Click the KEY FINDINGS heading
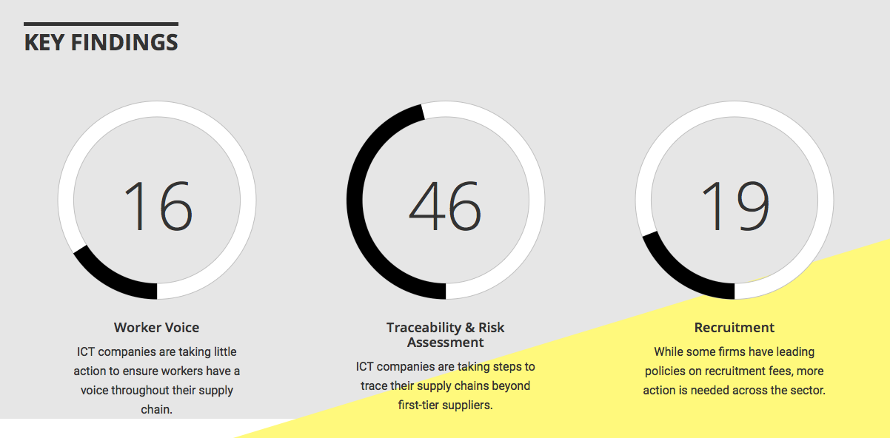pyautogui.click(x=101, y=42)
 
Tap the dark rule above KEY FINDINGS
pyautogui.click(x=101, y=24)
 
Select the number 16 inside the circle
pyautogui.click(x=158, y=205)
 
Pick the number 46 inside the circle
pyautogui.click(x=445, y=205)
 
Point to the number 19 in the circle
pyautogui.click(x=736, y=205)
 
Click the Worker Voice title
pyautogui.click(x=156, y=328)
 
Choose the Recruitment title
pyautogui.click(x=735, y=328)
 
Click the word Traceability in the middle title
pyautogui.click(x=424, y=328)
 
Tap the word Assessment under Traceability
pyautogui.click(x=446, y=343)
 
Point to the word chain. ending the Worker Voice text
pyautogui.click(x=156, y=409)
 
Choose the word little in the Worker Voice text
pyautogui.click(x=225, y=352)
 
